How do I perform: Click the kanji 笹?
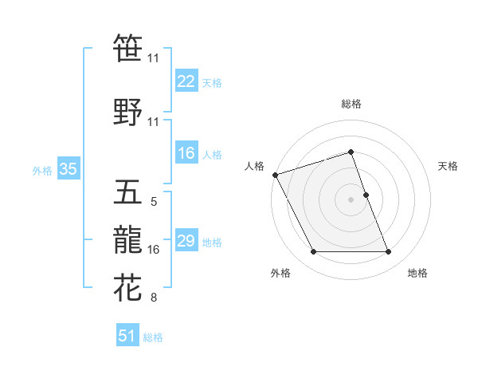128,48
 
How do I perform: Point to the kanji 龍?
128,240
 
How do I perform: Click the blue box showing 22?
186,81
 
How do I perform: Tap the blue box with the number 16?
186,154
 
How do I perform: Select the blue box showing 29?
186,241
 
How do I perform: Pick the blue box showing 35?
68,169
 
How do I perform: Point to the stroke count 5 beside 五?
154,203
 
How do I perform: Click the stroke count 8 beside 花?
154,298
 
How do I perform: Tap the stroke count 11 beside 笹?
154,58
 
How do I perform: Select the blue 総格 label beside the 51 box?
153,337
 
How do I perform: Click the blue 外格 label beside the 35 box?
42,170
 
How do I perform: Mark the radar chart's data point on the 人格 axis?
275,175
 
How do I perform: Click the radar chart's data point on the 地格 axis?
388,252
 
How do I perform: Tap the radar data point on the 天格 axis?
366,195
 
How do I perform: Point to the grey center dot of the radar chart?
351,199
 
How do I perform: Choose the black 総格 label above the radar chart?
351,104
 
